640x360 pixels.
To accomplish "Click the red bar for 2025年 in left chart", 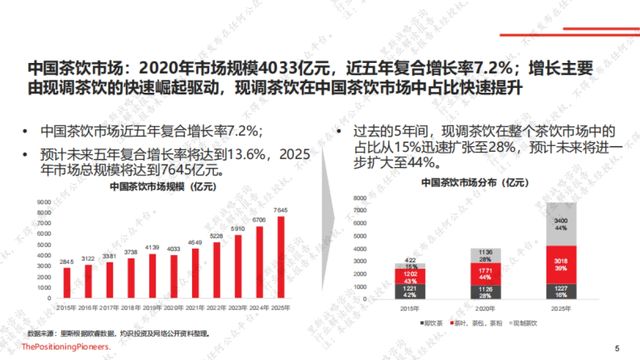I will (281, 258).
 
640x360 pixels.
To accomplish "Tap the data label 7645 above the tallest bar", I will (280, 210).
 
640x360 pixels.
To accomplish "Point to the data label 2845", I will (67, 261).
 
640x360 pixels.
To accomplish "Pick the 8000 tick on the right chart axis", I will (360, 198).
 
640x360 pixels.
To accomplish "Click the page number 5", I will (618, 349).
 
